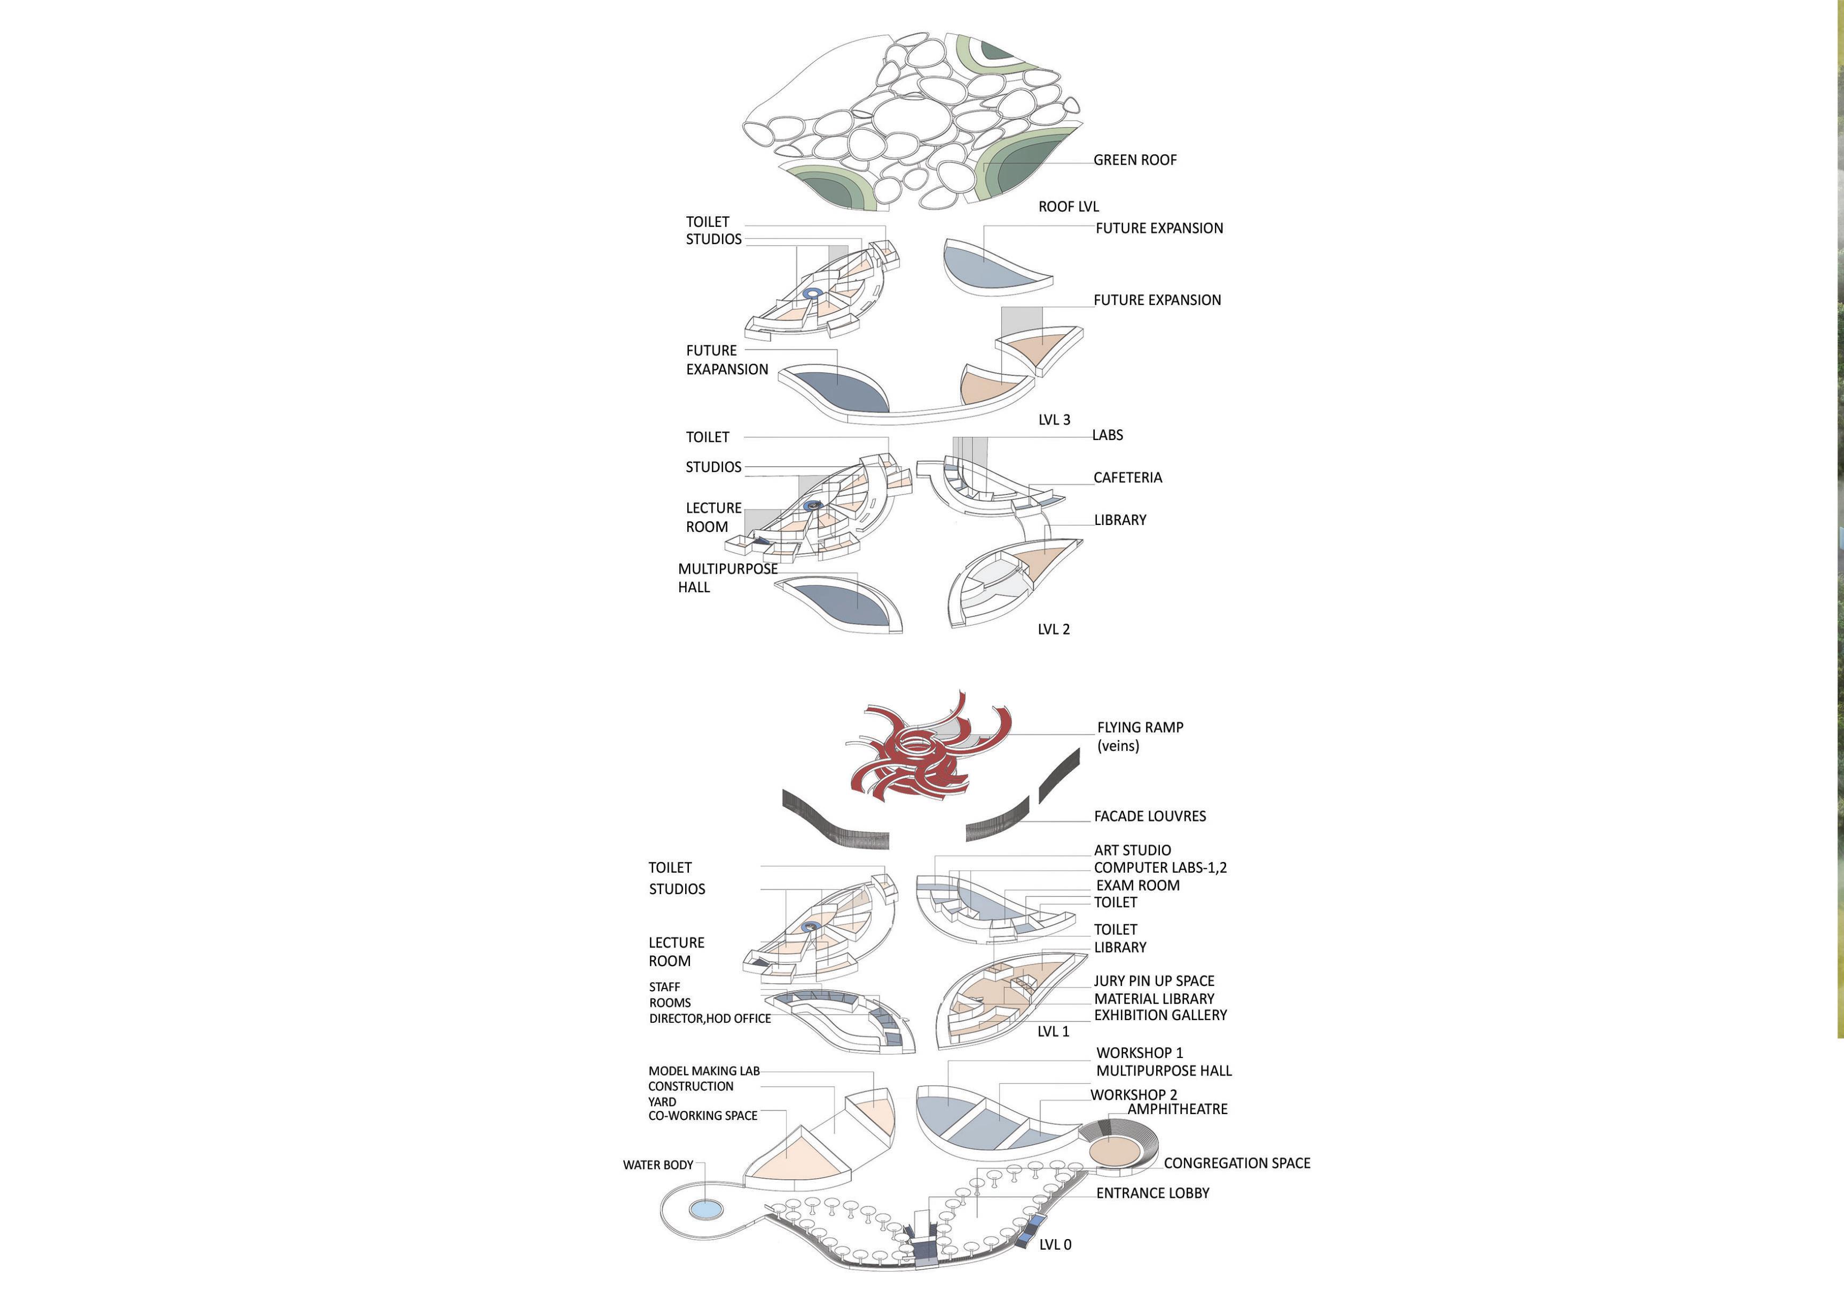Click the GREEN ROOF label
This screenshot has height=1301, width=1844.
pyautogui.click(x=1134, y=160)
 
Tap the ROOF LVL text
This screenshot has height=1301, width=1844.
pyautogui.click(x=1068, y=206)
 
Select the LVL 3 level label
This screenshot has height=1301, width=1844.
pyautogui.click(x=1054, y=419)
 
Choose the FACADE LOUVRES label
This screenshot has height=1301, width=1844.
pyautogui.click(x=1149, y=816)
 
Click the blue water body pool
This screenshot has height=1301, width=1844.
pyautogui.click(x=706, y=1209)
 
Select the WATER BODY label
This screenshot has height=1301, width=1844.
pyautogui.click(x=658, y=1164)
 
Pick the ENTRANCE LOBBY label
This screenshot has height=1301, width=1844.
pyautogui.click(x=1152, y=1194)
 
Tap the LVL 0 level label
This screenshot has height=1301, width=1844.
pyautogui.click(x=1055, y=1245)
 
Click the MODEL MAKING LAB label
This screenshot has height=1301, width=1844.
pyautogui.click(x=703, y=1070)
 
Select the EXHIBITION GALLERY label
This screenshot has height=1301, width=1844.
pyautogui.click(x=1160, y=1015)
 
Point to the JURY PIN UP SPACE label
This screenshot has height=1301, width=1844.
pyautogui.click(x=1154, y=981)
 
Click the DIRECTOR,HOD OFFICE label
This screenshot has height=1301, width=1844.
pyautogui.click(x=710, y=1018)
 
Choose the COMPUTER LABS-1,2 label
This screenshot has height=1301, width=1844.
pyautogui.click(x=1160, y=867)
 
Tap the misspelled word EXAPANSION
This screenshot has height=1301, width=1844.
pyautogui.click(x=727, y=370)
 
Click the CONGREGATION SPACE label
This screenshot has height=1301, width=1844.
pyautogui.click(x=1236, y=1163)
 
